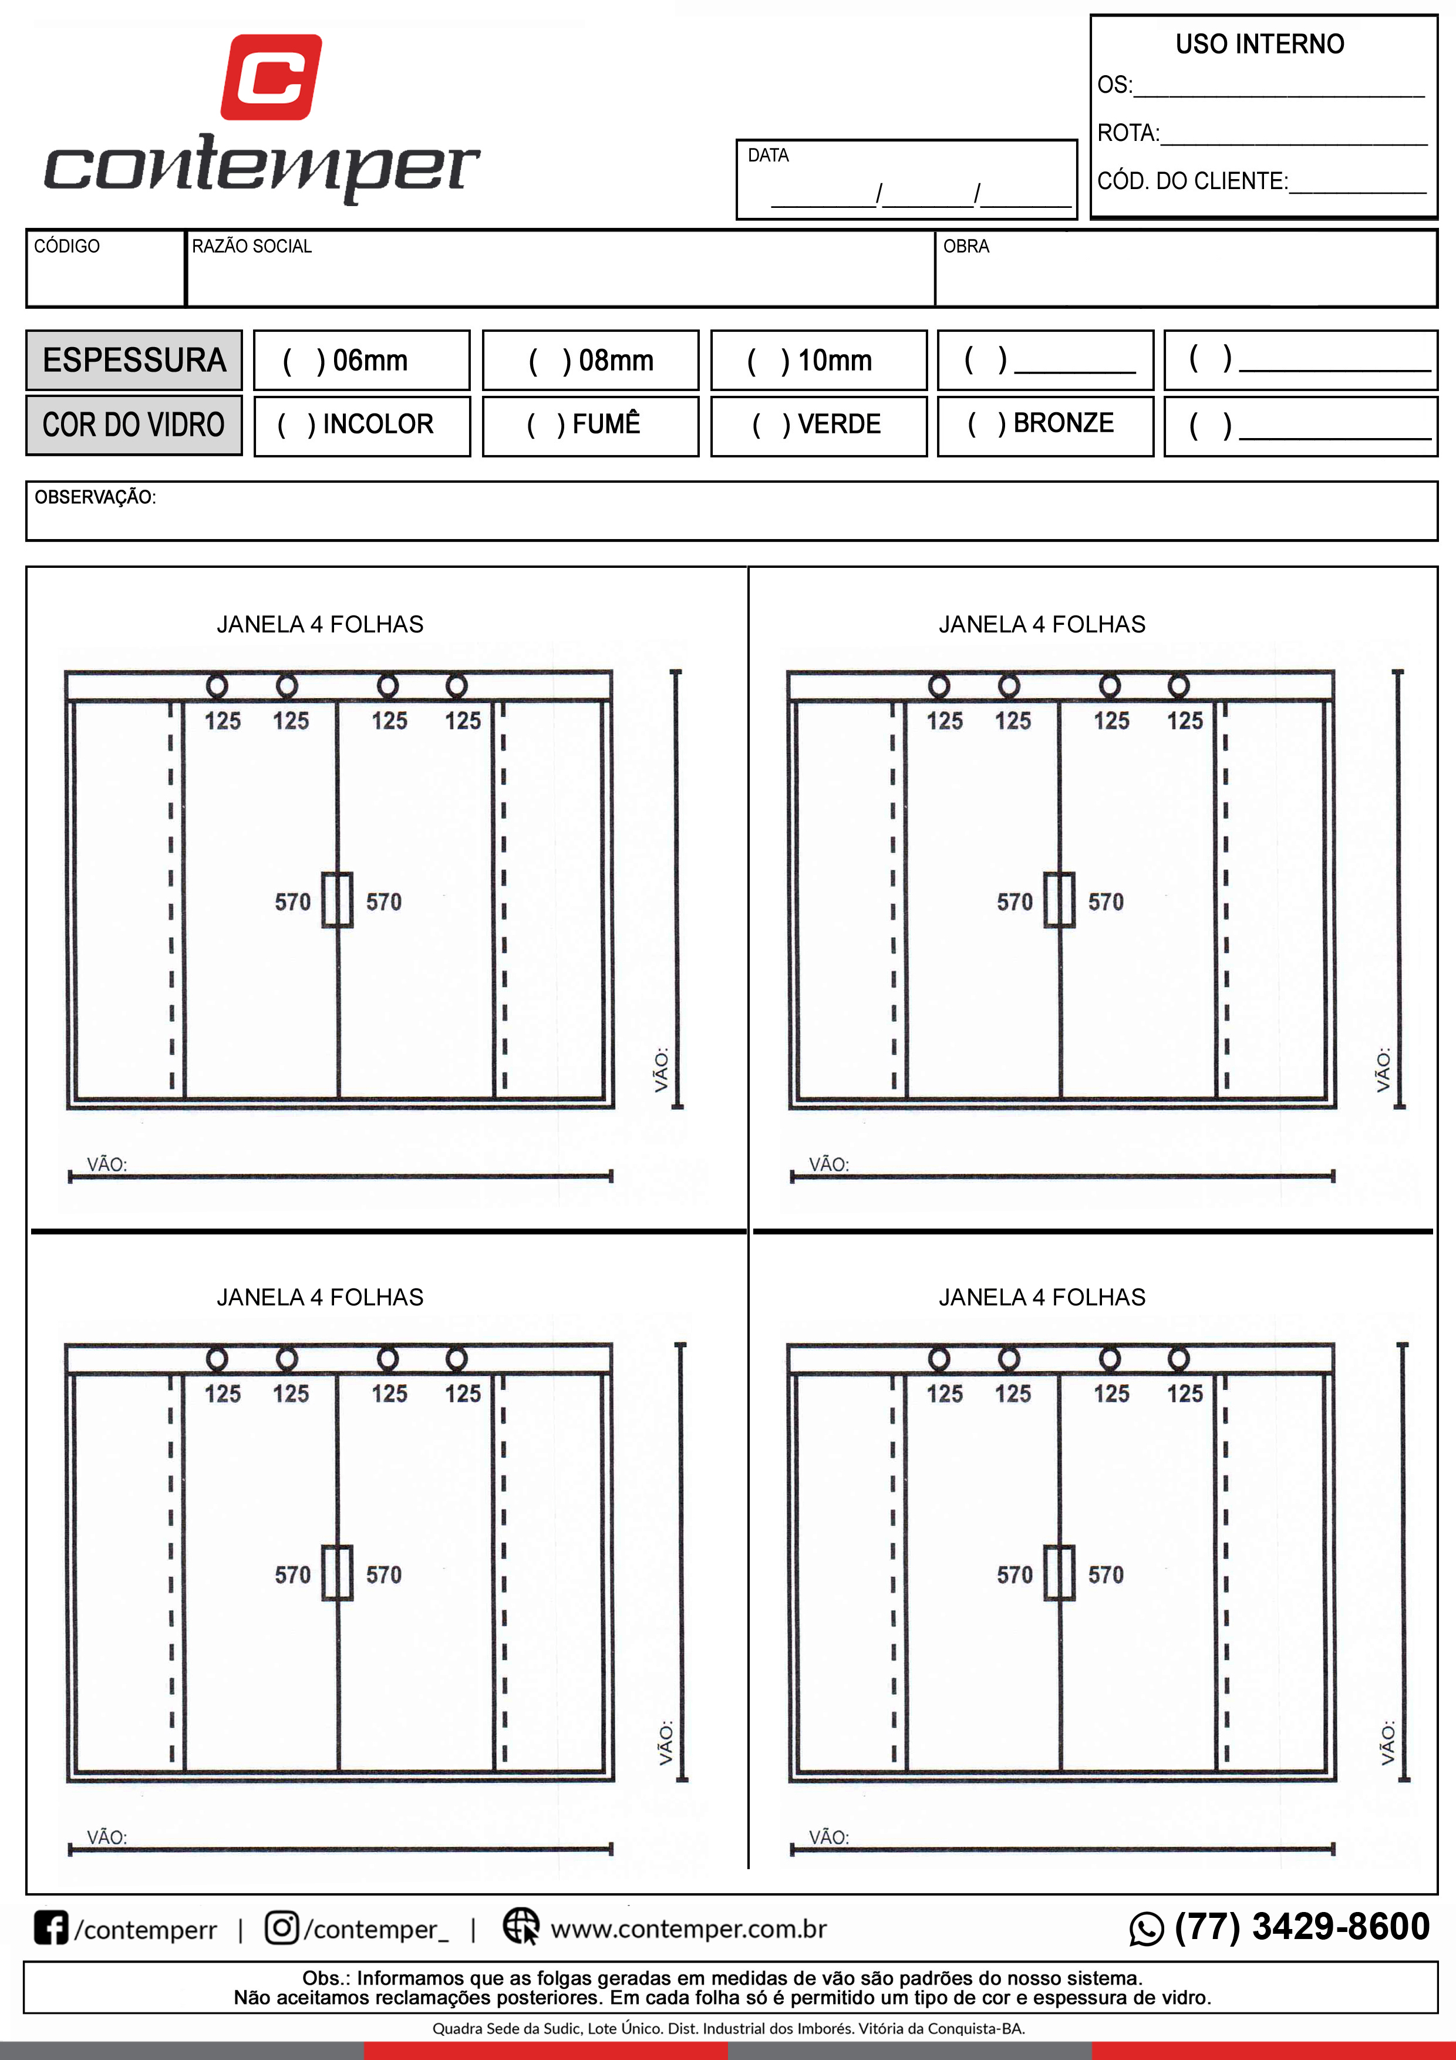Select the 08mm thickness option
click(590, 361)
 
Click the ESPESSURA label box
click(134, 361)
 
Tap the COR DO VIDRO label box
click(134, 425)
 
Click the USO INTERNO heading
click(1259, 44)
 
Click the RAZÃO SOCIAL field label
click(252, 246)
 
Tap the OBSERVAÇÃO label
click(95, 497)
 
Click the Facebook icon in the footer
click(51, 1927)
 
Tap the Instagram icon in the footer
click(282, 1927)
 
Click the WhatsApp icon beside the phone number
click(1147, 1929)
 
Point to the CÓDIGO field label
click(66, 246)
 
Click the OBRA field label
click(966, 246)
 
